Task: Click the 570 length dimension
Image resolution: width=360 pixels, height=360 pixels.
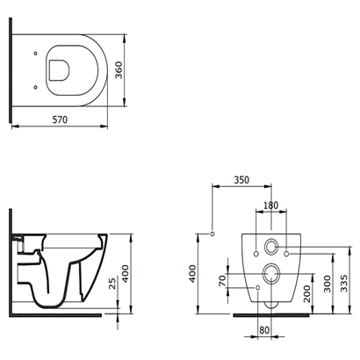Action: (x=60, y=119)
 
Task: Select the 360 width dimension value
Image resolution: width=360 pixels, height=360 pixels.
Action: (x=119, y=70)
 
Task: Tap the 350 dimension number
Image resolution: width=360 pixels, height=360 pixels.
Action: (x=241, y=180)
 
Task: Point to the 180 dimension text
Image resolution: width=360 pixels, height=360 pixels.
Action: (x=270, y=205)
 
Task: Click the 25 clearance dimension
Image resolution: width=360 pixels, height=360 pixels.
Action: (x=112, y=284)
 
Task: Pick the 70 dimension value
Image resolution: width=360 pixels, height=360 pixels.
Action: (x=222, y=281)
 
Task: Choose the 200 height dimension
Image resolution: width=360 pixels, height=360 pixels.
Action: (x=306, y=294)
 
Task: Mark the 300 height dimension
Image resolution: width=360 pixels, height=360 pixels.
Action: (x=328, y=284)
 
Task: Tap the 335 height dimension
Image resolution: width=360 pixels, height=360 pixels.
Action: (x=344, y=283)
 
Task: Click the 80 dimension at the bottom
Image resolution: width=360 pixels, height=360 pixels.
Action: (x=264, y=330)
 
